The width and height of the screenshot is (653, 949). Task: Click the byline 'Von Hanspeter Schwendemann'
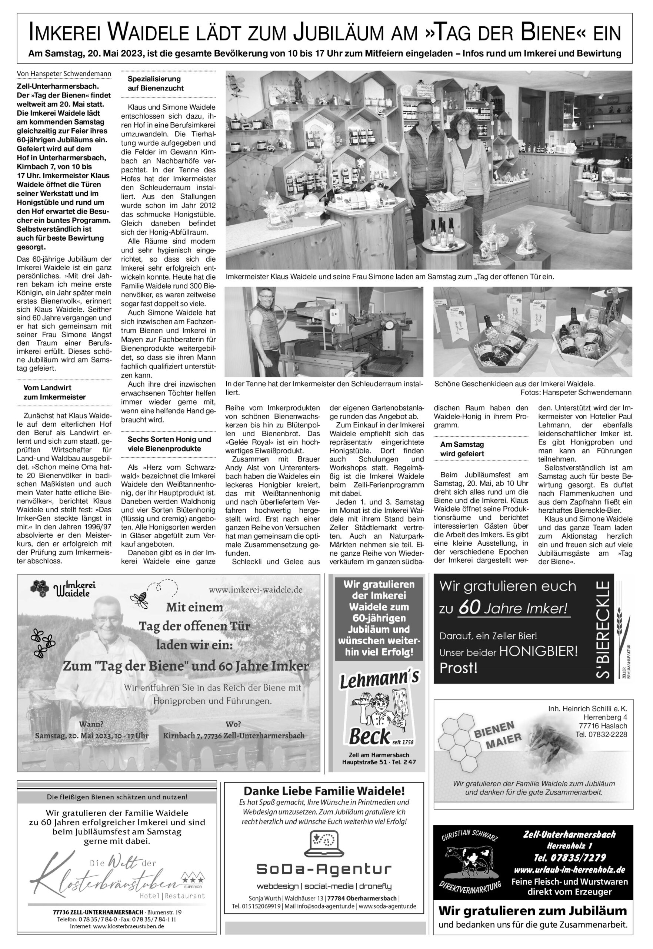[x=64, y=74]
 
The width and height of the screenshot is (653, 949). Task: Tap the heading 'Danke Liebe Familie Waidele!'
[x=324, y=791]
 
